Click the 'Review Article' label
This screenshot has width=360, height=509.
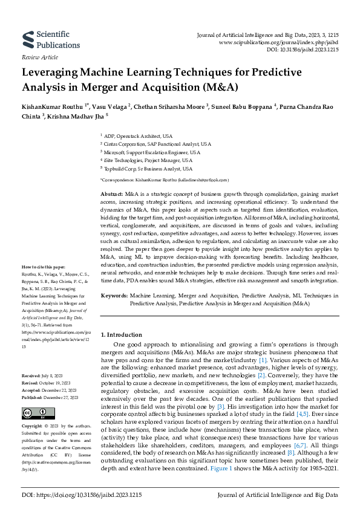[x=40, y=57]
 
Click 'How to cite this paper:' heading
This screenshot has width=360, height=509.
[x=43, y=267]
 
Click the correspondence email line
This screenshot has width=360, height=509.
[x=164, y=180]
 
